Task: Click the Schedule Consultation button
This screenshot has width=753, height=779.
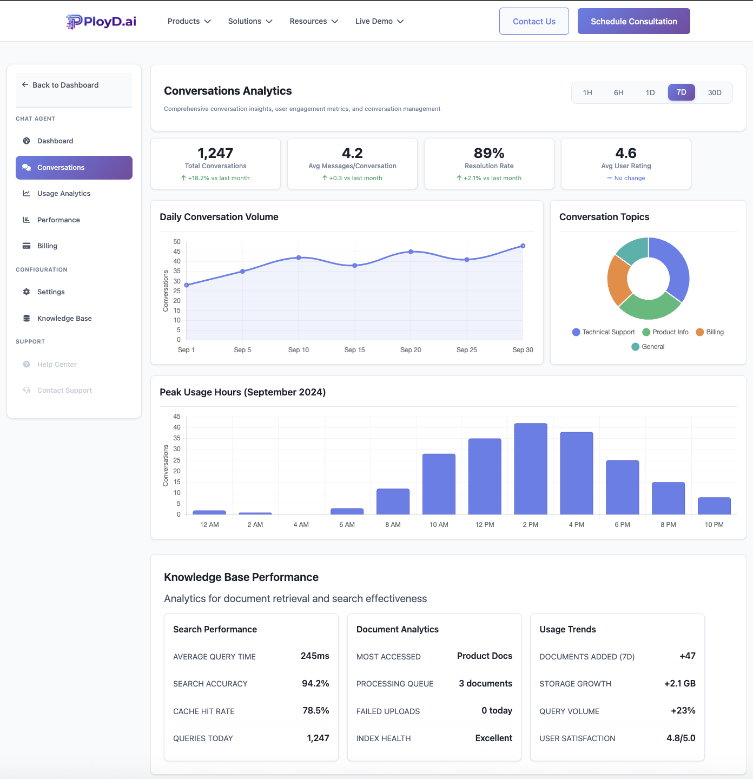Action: (633, 21)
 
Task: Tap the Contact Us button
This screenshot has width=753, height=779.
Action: (534, 21)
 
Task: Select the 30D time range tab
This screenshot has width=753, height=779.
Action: (714, 93)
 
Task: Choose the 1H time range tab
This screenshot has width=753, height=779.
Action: (587, 93)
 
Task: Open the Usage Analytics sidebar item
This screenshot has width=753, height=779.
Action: (64, 194)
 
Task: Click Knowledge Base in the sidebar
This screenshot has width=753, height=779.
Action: (64, 319)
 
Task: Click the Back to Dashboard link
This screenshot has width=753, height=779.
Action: (65, 85)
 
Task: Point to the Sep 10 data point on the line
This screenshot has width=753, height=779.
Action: (299, 258)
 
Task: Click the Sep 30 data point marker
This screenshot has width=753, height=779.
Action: (523, 246)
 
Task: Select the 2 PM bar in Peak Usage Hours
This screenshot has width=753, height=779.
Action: (531, 468)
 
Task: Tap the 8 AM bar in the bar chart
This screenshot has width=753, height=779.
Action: (393, 501)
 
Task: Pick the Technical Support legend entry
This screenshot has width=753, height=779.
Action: (604, 332)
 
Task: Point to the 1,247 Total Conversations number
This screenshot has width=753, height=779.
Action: (215, 153)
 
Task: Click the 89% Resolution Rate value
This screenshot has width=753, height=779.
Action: (489, 153)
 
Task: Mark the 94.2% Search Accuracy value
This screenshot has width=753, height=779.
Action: (315, 684)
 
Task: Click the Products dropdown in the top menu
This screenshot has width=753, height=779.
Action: (189, 21)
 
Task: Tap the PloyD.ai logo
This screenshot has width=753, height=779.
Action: (101, 21)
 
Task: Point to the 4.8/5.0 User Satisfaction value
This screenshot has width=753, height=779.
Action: (681, 738)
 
